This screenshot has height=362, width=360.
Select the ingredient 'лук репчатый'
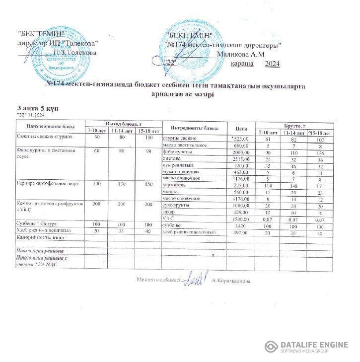(176, 165)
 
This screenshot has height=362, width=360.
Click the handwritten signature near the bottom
(196, 280)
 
